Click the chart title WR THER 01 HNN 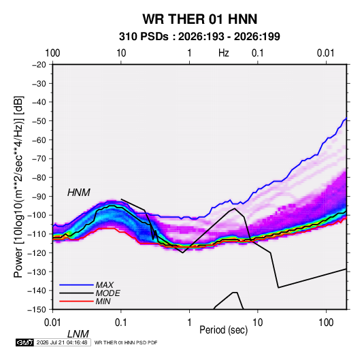point(199,19)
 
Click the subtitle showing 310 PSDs point(199,37)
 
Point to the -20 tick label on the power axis point(39,65)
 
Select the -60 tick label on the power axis point(39,140)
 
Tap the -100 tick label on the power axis point(37,215)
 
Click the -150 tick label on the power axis point(37,310)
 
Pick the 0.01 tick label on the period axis point(53,323)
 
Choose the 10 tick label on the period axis point(258,323)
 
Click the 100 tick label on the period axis point(326,323)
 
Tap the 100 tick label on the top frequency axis point(52,53)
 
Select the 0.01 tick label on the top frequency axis point(326,53)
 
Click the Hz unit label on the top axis point(224,53)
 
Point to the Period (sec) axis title point(224,330)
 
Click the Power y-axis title point(18,186)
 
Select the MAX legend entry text point(105,285)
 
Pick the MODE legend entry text point(107,293)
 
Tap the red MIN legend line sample point(76,301)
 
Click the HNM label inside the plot point(79,193)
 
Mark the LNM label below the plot point(78,334)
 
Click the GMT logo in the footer point(24,342)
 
